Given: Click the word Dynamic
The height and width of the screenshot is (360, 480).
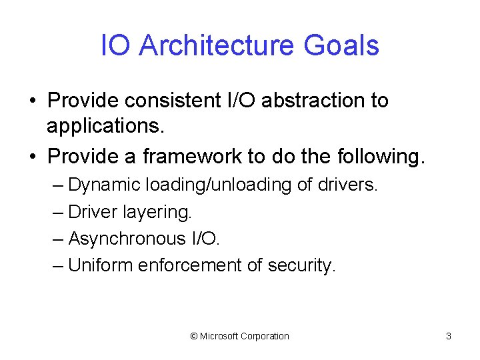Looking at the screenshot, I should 102,185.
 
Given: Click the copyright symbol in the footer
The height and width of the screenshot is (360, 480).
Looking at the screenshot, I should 194,336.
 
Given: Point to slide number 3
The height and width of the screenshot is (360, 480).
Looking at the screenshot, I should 449,336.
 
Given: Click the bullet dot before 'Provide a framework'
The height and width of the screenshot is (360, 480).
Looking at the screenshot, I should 33,156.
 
